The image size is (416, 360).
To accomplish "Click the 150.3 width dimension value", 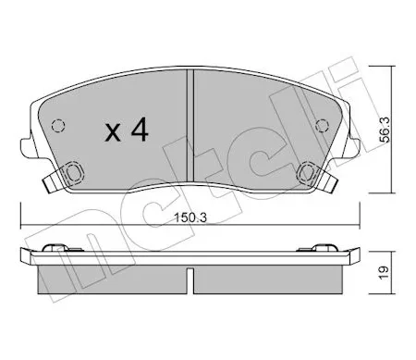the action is coord(190,217).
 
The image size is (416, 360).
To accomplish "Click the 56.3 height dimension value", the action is coord(385,130).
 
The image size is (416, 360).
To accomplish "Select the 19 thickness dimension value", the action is coord(385,273).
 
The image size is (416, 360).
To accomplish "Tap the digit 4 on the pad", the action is coord(140,130).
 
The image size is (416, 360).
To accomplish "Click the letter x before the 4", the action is coord(113,133).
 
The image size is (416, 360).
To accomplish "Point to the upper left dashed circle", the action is coord(58,126).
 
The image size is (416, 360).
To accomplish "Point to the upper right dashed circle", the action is coord(322,126).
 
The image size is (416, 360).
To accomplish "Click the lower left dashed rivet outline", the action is coord(74,172).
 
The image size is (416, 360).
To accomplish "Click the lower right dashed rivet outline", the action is coord(306,172).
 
